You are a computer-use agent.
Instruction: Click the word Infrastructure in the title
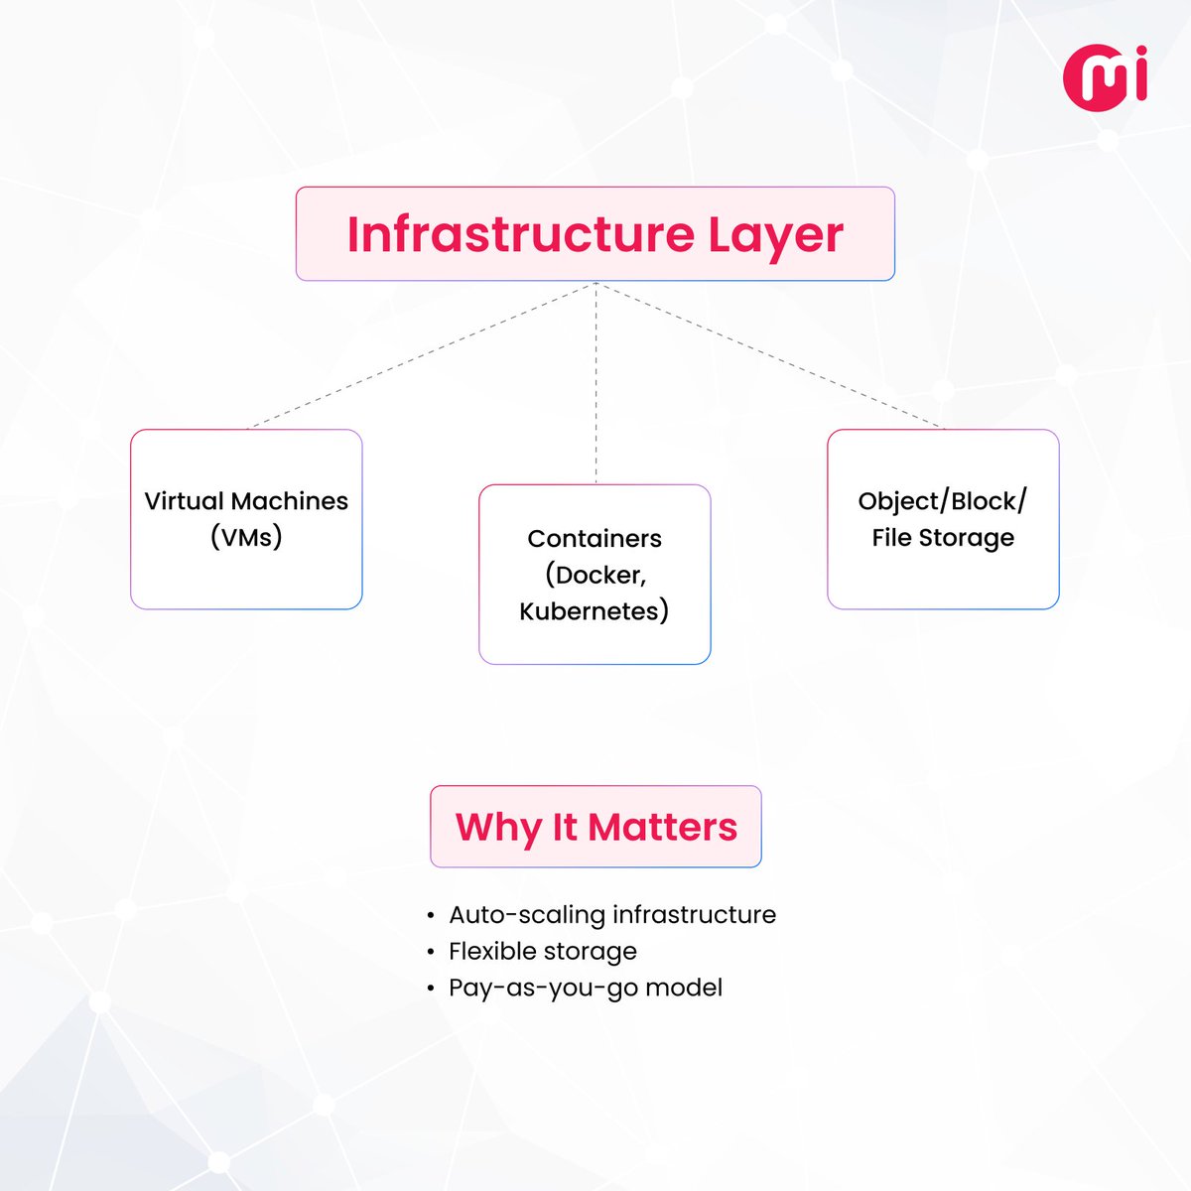(x=520, y=234)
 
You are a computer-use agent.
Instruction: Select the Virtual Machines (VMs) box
(x=246, y=519)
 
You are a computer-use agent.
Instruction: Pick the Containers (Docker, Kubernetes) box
(x=595, y=575)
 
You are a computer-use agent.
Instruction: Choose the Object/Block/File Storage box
(x=943, y=519)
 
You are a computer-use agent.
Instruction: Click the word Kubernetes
(x=594, y=611)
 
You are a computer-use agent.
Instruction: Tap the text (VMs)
(x=246, y=538)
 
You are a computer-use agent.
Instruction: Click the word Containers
(x=595, y=539)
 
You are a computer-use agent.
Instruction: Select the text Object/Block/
(x=942, y=501)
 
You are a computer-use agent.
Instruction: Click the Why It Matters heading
(x=595, y=827)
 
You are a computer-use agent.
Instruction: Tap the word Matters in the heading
(x=662, y=827)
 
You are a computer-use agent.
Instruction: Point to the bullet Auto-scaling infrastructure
(x=611, y=914)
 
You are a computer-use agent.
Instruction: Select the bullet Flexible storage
(x=542, y=951)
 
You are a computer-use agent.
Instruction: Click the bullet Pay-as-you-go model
(x=585, y=988)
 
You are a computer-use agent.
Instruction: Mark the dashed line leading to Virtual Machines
(x=422, y=355)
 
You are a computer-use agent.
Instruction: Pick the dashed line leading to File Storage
(x=769, y=355)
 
